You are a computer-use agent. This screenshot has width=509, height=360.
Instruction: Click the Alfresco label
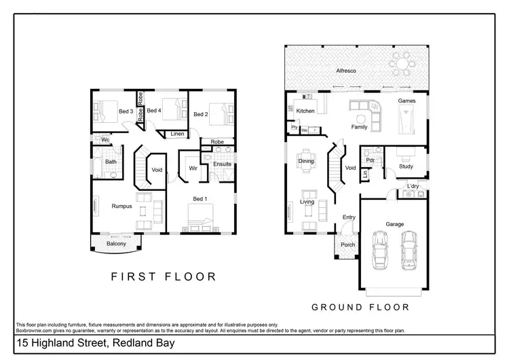[347, 71]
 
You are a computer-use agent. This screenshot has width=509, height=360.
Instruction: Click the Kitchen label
[305, 110]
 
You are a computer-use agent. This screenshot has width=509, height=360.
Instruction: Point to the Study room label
[406, 166]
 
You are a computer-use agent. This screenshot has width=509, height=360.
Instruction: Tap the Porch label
[347, 245]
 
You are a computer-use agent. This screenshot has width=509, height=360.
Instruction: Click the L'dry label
[412, 186]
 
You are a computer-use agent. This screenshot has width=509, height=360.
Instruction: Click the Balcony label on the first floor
[116, 244]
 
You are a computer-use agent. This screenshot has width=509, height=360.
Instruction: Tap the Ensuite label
[222, 164]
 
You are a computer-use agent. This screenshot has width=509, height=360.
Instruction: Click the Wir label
[193, 168]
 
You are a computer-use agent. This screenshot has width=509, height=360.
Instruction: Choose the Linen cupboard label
[177, 134]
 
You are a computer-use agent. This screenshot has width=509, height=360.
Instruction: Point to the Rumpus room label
[121, 206]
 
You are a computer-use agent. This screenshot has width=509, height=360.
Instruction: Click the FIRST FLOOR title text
[164, 276]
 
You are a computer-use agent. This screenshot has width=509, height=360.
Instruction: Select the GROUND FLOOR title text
[360, 307]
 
